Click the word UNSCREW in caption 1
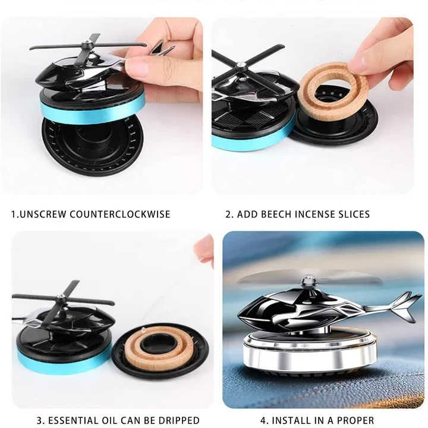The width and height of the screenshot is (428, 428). (x=43, y=214)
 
